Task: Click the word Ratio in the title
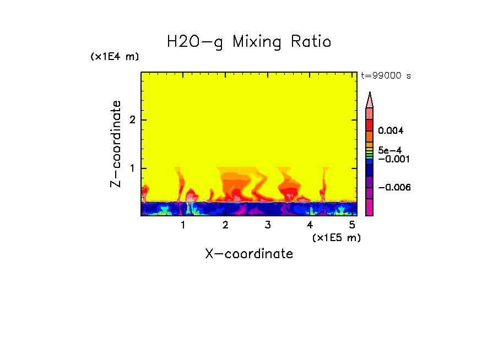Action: point(311,41)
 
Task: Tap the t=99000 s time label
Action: point(386,76)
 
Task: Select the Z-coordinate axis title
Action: point(116,144)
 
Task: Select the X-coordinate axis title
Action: point(249,254)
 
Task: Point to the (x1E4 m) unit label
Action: point(115,57)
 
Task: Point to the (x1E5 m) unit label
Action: point(336,237)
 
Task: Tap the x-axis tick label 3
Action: point(267,225)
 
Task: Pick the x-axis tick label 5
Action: point(351,225)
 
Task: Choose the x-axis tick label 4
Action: point(310,225)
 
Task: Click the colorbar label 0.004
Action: point(391,131)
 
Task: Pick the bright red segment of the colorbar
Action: point(370,124)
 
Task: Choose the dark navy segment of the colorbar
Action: point(370,171)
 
